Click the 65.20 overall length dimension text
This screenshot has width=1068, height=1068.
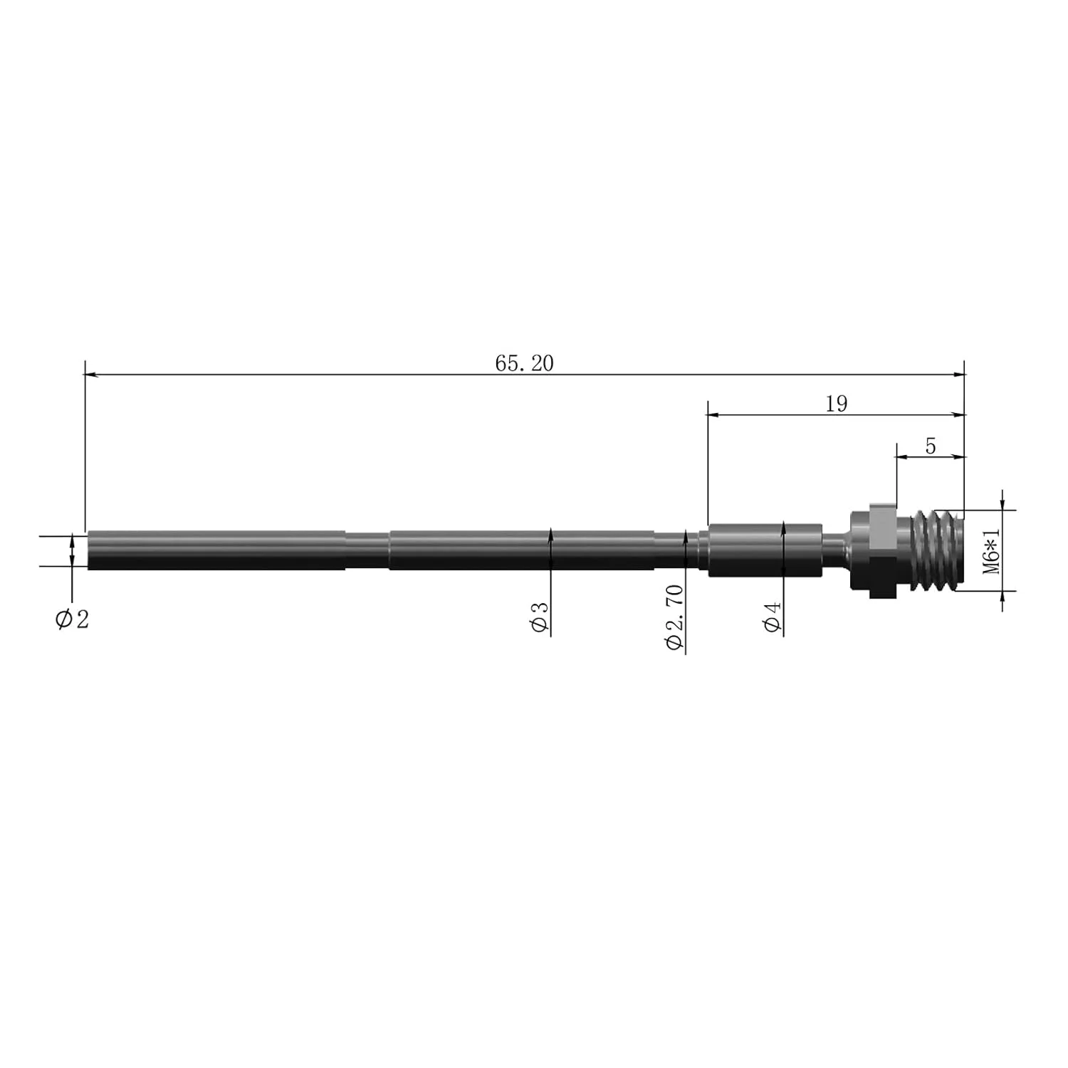tap(524, 363)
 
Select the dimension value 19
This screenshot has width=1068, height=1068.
tap(837, 404)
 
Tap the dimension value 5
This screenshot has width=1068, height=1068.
tap(930, 446)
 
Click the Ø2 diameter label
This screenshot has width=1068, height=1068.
tap(73, 619)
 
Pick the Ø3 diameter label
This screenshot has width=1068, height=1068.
tap(540, 617)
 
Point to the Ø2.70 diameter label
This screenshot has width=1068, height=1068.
tap(674, 617)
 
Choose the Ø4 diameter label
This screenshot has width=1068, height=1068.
tap(773, 617)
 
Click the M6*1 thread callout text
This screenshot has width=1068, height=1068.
tap(992, 550)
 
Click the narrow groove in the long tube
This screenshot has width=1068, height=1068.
tap(367, 550)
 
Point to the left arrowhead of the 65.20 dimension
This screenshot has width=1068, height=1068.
tap(90, 374)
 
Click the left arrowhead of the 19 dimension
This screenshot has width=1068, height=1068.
tap(712, 414)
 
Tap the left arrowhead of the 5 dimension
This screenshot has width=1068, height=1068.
tap(900, 457)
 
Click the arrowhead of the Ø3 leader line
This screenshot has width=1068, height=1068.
tap(550, 533)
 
